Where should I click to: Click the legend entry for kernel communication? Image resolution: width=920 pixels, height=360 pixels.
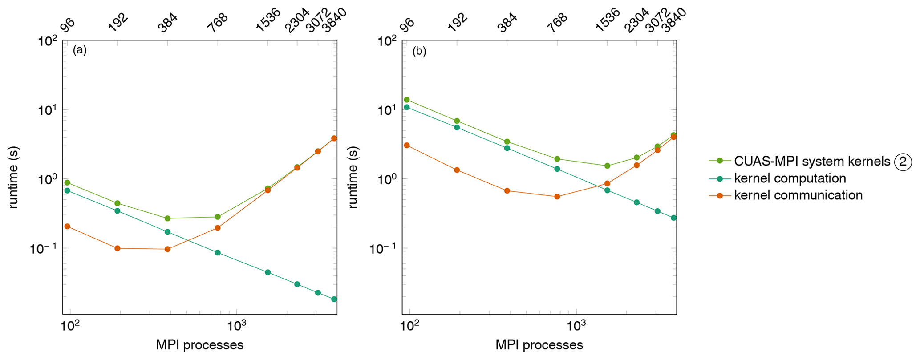(798, 195)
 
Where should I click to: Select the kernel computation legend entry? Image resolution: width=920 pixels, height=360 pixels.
(790, 178)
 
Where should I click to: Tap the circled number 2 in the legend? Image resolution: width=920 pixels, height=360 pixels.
(903, 162)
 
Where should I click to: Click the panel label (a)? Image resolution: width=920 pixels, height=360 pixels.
(80, 50)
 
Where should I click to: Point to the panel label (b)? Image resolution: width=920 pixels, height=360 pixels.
(419, 51)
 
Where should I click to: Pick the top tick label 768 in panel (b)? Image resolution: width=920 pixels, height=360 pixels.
(557, 23)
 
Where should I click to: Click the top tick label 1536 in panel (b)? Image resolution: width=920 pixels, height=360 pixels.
(607, 20)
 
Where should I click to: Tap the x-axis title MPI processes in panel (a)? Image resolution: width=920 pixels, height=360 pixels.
(199, 345)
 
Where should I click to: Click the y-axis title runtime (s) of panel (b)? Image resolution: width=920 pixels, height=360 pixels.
(353, 178)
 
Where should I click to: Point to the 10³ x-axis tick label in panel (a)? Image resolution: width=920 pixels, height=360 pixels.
(237, 326)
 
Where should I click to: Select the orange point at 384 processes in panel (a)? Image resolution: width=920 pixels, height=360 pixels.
(167, 249)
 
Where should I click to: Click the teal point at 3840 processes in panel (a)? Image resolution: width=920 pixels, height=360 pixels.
(334, 299)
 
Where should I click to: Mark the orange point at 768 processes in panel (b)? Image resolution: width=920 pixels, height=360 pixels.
(557, 197)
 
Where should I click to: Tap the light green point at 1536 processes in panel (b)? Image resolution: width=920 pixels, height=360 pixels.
(608, 166)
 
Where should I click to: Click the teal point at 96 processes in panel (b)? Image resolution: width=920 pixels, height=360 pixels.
(407, 107)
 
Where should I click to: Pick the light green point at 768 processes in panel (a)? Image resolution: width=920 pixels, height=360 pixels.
(218, 217)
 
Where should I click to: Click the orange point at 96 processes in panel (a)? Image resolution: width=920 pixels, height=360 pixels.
(67, 227)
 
